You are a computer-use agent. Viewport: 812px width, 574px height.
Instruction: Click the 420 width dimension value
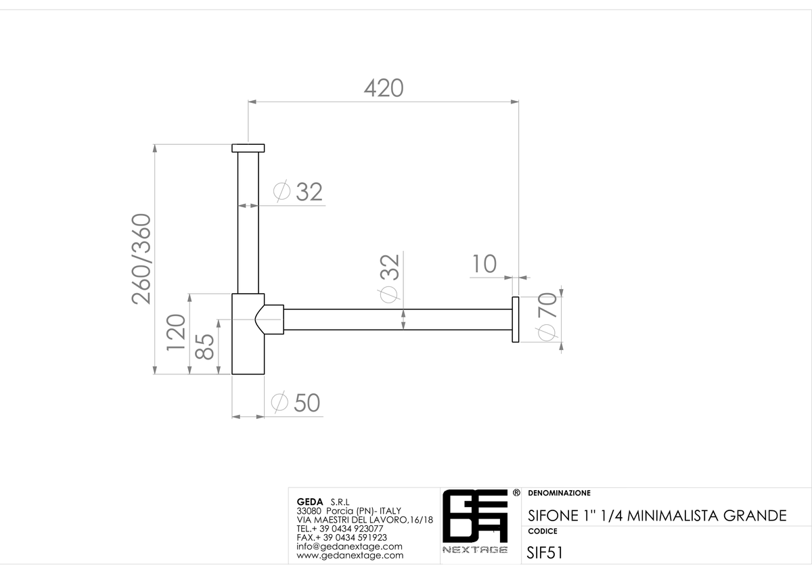coord(384,88)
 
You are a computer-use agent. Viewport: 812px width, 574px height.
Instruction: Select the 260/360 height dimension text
coord(141,259)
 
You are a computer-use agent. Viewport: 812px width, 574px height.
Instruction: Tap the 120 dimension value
coord(176,332)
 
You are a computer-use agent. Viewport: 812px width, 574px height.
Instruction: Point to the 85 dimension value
coord(204,347)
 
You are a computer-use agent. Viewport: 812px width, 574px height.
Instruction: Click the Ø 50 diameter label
coord(296,403)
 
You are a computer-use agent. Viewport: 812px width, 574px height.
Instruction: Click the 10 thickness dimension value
coord(484,264)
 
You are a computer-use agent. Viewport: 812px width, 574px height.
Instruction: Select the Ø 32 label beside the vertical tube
coord(298,191)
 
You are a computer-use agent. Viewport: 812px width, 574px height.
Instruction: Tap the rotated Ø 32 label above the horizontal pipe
coord(390,278)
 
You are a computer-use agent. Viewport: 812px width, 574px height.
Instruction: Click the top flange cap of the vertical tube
coord(248,148)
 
